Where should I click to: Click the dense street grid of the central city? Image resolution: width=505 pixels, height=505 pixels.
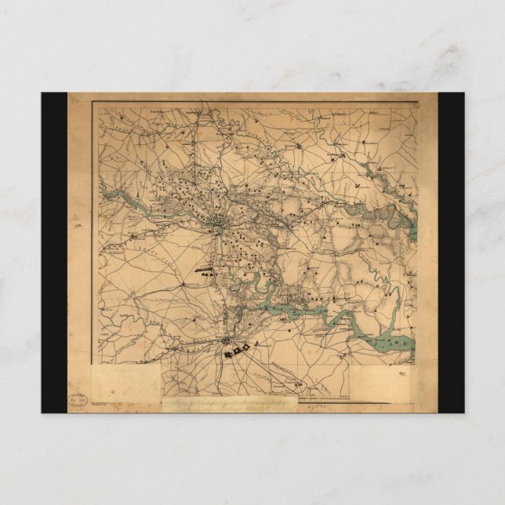coord(219,228)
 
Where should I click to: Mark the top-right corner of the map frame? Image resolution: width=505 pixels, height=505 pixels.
coord(417,104)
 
